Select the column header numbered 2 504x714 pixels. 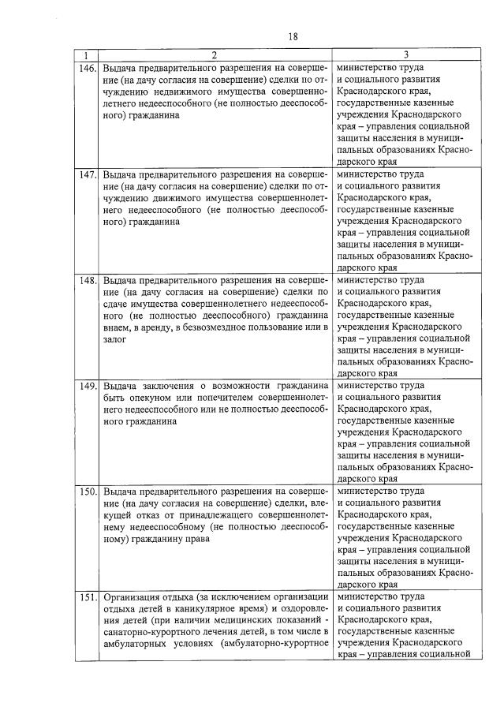213,55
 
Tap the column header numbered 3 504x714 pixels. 405,55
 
